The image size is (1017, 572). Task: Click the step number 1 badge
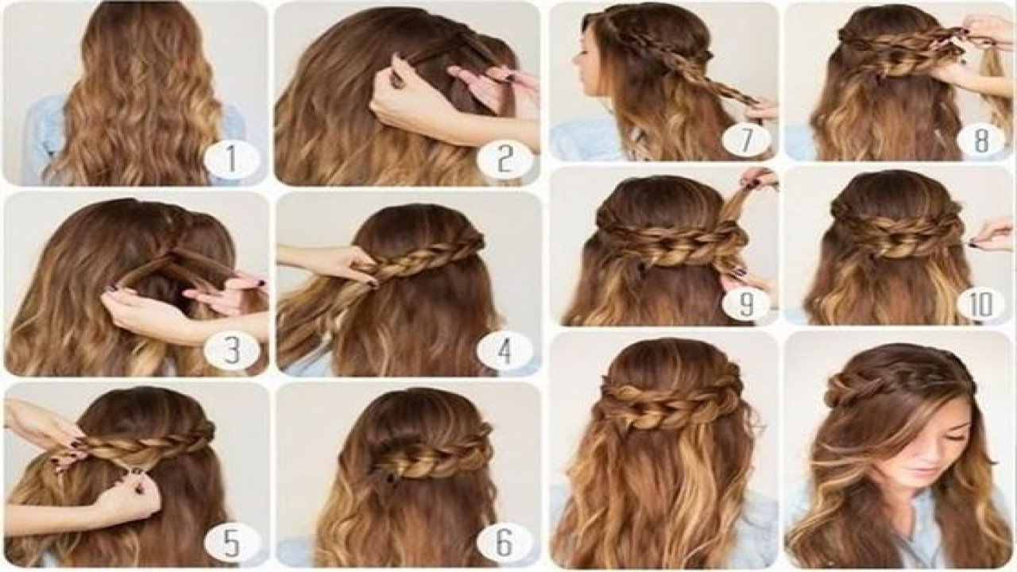click(231, 160)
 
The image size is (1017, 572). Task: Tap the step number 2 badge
click(505, 160)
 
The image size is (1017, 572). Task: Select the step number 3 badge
click(231, 350)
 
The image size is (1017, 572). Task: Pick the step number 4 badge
click(505, 350)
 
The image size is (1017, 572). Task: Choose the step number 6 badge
click(505, 543)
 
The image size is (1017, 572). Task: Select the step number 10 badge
click(981, 305)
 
